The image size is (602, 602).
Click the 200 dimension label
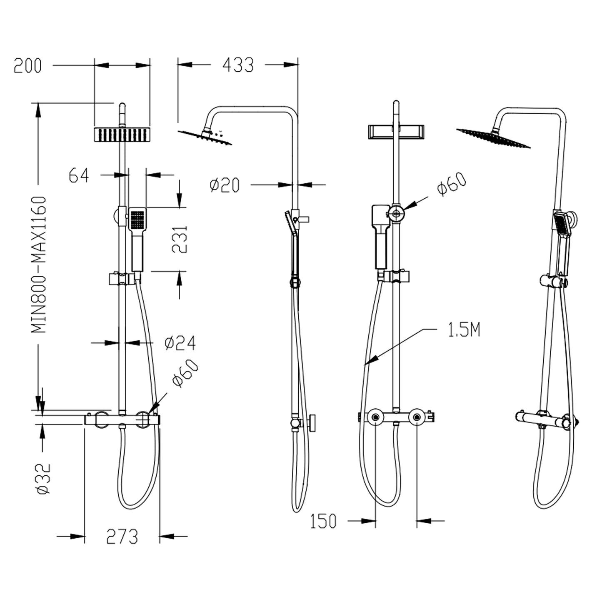coord(27,66)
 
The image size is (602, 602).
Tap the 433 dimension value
coord(238,65)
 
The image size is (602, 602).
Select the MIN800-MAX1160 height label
coord(39,265)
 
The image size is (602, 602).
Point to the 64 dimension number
coord(79,175)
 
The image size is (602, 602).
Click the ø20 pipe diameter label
coord(225,185)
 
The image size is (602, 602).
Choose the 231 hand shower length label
coord(180,240)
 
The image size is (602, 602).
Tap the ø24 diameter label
coord(180,343)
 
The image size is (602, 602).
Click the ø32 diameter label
coord(43,478)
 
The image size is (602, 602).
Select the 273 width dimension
coord(122,537)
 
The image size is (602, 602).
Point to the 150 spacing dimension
coord(323,521)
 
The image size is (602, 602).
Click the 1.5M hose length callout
coord(464,330)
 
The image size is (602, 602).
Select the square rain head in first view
coord(122,135)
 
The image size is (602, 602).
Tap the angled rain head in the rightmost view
coord(493,138)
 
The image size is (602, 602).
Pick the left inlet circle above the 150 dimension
coord(375,417)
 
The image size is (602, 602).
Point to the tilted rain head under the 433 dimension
coord(205,138)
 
